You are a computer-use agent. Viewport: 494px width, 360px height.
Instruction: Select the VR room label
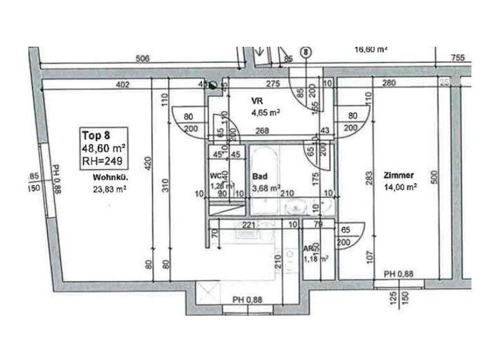pos(257,102)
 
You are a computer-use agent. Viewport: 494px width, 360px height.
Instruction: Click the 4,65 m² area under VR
pos(265,113)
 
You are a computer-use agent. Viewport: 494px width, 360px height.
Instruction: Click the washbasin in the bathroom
pos(296,207)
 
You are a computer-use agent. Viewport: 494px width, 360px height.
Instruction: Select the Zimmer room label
pos(399,175)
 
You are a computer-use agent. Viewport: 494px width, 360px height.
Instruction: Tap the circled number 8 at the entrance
pos(306,51)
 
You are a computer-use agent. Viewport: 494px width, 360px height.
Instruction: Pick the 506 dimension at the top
pos(143,59)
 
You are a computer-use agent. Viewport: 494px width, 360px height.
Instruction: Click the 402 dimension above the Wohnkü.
pos(123,84)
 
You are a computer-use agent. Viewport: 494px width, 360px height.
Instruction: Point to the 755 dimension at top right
pos(457,59)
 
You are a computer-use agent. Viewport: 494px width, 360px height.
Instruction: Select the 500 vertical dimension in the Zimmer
pos(434,177)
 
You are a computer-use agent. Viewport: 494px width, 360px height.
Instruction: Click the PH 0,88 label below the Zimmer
pos(399,274)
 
